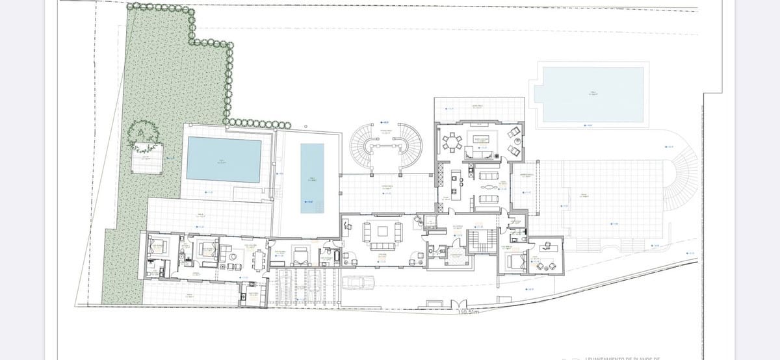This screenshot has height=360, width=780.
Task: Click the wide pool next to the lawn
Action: pyautogui.click(x=224, y=159)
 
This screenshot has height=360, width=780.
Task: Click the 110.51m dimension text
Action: pyautogui.click(x=468, y=313)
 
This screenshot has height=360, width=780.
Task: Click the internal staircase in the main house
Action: pyautogui.click(x=482, y=242)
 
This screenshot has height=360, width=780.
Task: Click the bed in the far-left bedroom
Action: pyautogui.click(x=157, y=246)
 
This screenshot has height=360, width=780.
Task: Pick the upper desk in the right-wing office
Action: pyautogui.click(x=545, y=246)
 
